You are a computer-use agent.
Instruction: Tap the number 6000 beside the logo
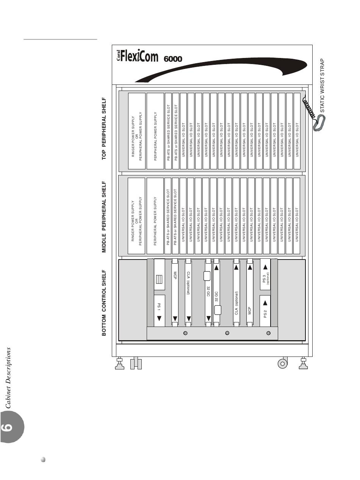coord(173,59)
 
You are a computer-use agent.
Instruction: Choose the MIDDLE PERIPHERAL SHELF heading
coord(104,217)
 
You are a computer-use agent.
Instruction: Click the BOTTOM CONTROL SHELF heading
coord(104,303)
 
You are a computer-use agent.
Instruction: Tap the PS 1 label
coord(159,306)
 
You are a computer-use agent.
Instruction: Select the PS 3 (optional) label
coord(266,278)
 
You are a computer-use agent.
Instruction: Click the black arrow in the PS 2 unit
coord(265,302)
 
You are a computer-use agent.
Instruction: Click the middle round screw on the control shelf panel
coord(227,333)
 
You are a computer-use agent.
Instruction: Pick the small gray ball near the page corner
coord(43,460)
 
